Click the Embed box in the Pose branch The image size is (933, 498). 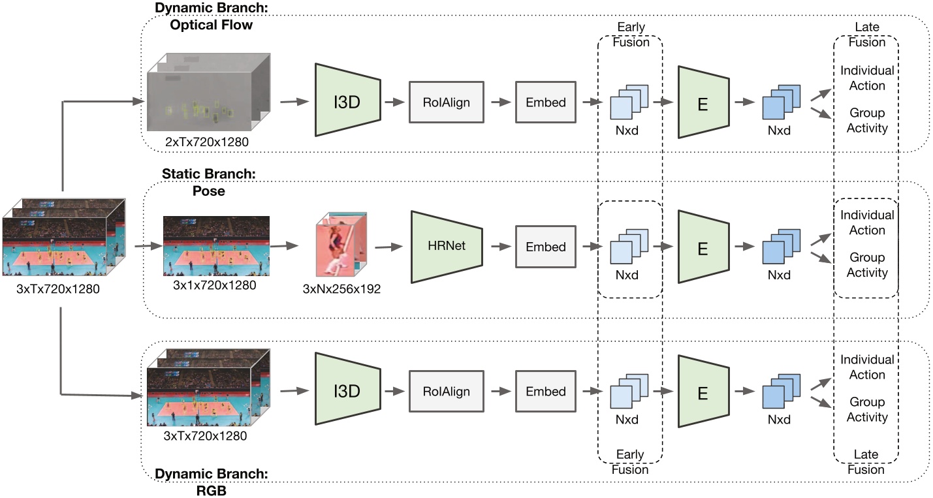[546, 247]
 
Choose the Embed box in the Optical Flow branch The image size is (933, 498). [546, 102]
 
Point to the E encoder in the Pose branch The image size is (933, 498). [703, 247]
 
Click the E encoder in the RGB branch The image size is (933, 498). [703, 392]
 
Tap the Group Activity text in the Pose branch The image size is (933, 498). [867, 266]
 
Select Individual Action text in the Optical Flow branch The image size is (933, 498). [867, 78]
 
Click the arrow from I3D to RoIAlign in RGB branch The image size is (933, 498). [394, 392]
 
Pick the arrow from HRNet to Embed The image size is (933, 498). [499, 247]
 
